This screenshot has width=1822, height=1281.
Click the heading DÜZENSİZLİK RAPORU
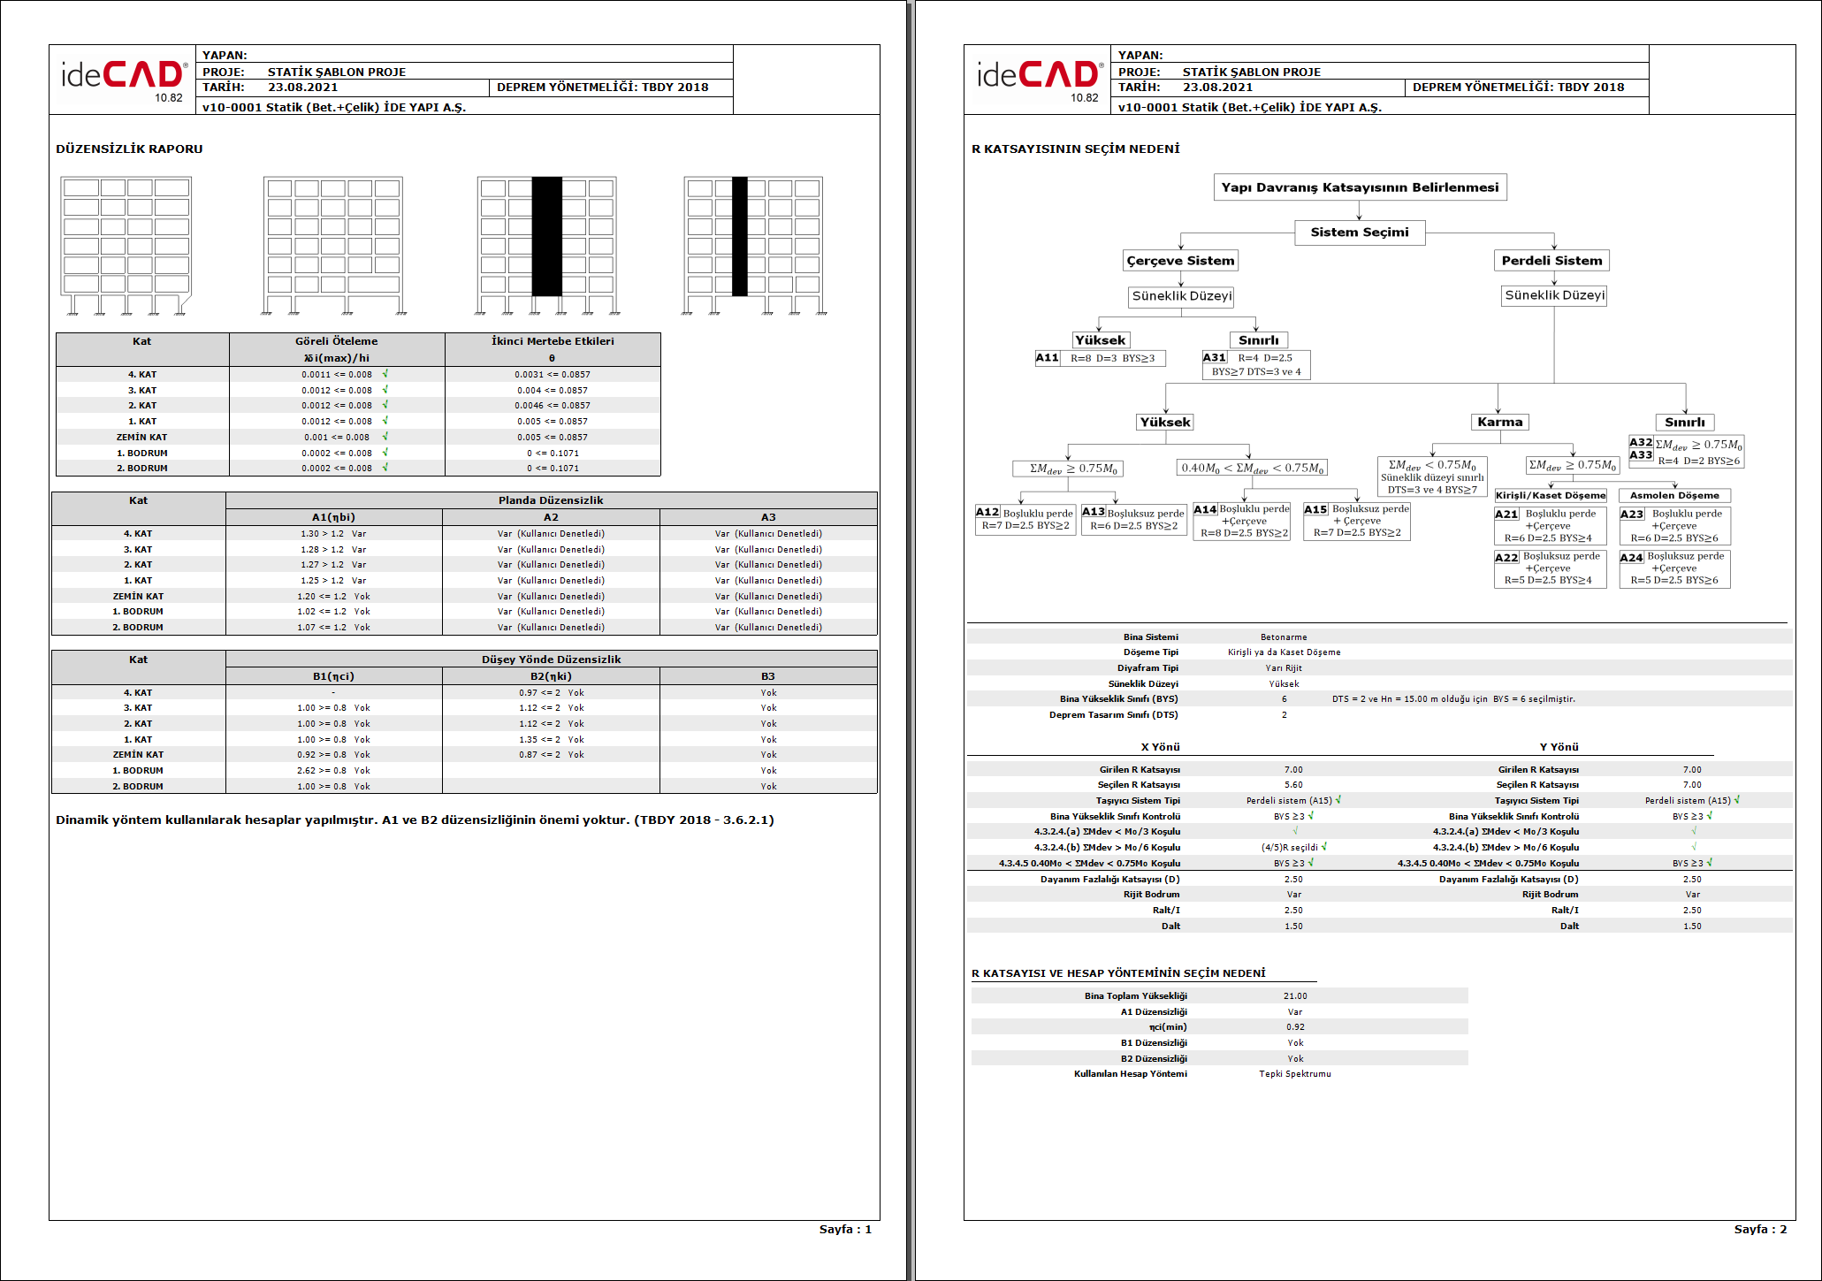pos(129,149)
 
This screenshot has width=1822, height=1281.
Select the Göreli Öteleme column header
pos(336,341)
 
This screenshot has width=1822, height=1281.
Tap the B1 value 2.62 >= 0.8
pos(322,771)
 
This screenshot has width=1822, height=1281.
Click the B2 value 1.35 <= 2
pos(539,740)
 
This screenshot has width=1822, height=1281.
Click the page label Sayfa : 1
pos(844,1229)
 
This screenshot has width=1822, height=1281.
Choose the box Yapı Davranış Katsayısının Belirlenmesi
pos(1360,187)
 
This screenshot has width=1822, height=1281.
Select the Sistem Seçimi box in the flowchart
pos(1359,233)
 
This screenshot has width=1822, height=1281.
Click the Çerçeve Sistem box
pos(1180,261)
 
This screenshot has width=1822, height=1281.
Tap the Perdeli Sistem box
pos(1551,261)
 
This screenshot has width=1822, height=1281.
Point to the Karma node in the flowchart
pos(1499,423)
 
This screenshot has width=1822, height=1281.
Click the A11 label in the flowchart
pos(1047,358)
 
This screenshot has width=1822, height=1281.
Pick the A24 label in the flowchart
pos(1631,558)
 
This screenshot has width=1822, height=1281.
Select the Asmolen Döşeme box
pos(1674,496)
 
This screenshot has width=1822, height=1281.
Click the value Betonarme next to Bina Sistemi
pos(1284,637)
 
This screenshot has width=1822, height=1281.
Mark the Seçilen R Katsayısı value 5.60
pos(1293,785)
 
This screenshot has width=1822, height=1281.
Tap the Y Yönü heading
pos(1559,747)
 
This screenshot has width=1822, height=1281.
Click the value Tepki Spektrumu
pos(1294,1074)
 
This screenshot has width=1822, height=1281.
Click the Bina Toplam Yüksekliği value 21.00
pos(1295,996)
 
